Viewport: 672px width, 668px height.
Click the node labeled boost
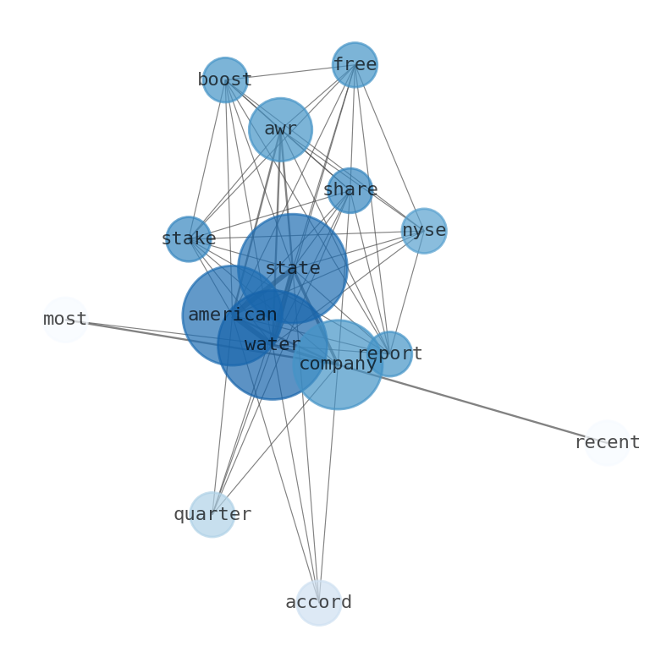(x=225, y=79)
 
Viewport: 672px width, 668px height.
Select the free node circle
(x=355, y=64)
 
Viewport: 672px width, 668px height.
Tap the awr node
(x=280, y=129)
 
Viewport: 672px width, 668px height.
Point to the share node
(x=350, y=190)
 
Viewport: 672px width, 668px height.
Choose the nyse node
(x=424, y=231)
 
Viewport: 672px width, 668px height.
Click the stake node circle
(x=189, y=239)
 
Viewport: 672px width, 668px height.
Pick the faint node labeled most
(x=65, y=320)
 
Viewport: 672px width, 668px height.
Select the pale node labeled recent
(x=608, y=443)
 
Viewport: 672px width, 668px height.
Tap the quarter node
(x=212, y=514)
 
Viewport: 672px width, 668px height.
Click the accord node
(x=319, y=603)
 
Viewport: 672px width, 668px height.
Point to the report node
(x=389, y=353)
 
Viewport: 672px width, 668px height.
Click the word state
(x=293, y=269)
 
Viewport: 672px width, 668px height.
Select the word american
(x=233, y=315)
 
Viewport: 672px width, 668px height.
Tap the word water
(x=273, y=344)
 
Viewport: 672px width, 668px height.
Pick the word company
(x=338, y=364)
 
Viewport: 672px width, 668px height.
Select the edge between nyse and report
(x=407, y=292)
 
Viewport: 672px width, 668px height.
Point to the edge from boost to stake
(x=207, y=159)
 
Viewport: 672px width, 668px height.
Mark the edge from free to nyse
(x=389, y=148)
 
